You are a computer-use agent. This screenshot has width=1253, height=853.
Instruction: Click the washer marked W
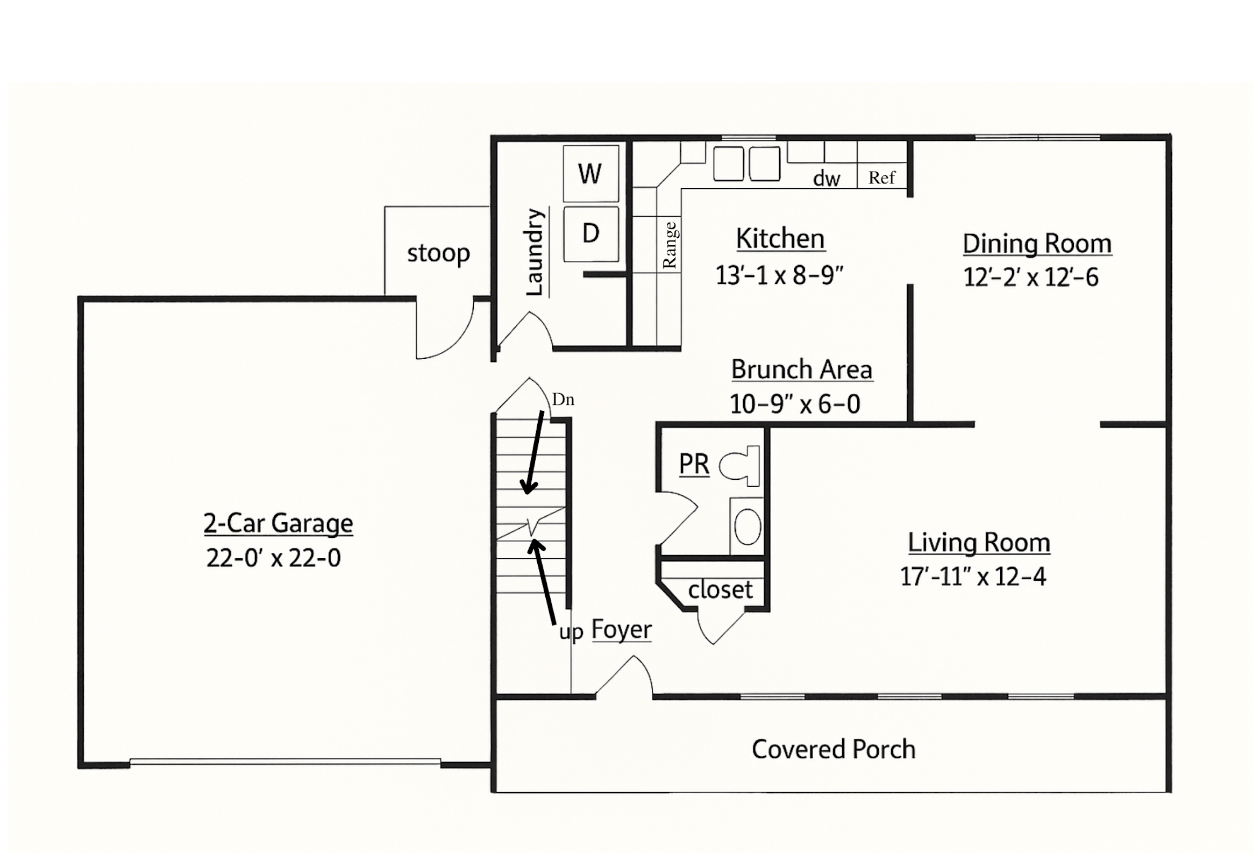(590, 173)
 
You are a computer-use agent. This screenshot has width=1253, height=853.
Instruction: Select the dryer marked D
(591, 233)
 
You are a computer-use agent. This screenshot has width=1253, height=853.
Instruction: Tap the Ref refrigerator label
(881, 177)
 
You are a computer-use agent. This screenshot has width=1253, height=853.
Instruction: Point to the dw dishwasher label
(827, 178)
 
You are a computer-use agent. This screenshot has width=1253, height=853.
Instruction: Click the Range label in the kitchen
(669, 245)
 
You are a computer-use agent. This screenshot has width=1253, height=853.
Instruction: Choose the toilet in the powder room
(740, 466)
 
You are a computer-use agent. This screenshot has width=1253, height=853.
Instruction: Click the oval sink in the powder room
(747, 526)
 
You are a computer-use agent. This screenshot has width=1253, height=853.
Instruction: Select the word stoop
(438, 253)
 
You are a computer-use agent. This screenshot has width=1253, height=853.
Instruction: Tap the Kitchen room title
(780, 238)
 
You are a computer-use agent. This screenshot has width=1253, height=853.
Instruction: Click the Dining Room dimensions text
(1030, 277)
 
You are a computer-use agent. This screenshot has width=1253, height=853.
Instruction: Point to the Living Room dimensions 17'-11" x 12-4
(973, 577)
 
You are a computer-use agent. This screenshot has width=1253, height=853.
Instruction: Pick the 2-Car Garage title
(278, 523)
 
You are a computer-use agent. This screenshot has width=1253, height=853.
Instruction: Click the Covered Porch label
(834, 749)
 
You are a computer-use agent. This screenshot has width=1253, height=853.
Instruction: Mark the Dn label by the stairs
(563, 400)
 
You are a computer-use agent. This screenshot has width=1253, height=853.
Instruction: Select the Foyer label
(622, 630)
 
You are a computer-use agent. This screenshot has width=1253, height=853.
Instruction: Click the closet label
(720, 589)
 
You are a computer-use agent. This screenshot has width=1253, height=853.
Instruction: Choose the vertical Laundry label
(535, 252)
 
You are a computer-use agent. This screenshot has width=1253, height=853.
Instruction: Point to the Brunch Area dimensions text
(795, 404)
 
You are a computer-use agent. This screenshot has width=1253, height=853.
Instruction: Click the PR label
(694, 464)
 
